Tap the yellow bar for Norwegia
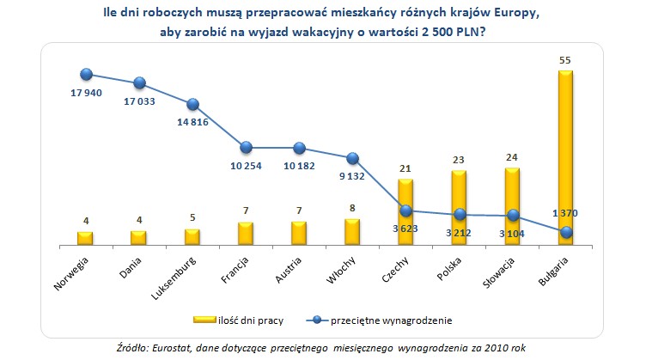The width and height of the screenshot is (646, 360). click(85, 238)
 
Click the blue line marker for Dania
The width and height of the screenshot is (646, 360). click(139, 83)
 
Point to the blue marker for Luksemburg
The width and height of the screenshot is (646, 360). click(192, 105)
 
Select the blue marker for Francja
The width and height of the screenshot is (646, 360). click(246, 147)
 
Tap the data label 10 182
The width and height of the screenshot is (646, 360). click(299, 165)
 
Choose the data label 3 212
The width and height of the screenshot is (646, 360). click(460, 231)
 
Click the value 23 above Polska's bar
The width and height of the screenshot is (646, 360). click(459, 160)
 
